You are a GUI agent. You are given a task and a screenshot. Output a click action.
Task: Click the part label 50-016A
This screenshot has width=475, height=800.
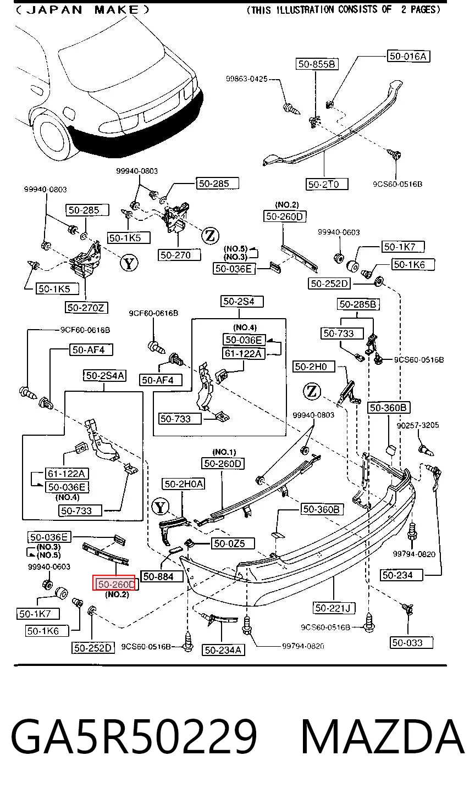pos(408,56)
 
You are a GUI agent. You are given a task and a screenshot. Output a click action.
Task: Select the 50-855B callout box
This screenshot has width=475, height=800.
pos(317,64)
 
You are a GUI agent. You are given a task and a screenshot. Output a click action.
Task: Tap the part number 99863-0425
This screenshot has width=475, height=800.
pos(247,79)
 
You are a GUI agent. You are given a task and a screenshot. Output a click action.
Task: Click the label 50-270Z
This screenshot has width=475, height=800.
pos(86,308)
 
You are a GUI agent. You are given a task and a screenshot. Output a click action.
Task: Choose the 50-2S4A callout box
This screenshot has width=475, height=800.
pos(104,375)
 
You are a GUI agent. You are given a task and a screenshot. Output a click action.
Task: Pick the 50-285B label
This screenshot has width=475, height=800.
pos(358,304)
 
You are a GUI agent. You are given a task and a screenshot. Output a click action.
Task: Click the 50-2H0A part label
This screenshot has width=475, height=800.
pos(184,484)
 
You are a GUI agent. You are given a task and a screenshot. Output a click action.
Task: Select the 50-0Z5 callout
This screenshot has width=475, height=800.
pos(233,543)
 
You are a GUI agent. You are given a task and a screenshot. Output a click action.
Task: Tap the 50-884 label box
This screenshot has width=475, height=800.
pos(162,576)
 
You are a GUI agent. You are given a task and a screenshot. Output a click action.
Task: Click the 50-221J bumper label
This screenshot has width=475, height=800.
pos(334,608)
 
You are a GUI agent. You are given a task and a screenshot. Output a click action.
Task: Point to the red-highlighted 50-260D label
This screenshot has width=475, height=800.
pos(114,584)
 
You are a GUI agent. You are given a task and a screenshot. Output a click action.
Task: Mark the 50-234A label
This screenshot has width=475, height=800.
pos(224,650)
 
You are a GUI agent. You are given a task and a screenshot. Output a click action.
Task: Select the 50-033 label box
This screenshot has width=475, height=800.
pos(411,642)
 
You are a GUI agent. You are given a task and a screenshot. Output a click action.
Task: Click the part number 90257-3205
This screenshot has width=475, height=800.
pos(418,425)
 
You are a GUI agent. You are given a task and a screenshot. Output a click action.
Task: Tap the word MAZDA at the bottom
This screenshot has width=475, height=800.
pos(383,736)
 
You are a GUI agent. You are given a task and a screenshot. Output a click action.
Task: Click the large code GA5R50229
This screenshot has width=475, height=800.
pos(134,736)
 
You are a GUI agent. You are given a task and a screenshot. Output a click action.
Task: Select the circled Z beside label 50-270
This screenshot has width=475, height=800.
pos(210,236)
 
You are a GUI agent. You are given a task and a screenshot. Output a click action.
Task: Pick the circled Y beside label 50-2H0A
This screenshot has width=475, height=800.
pos(161,507)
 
